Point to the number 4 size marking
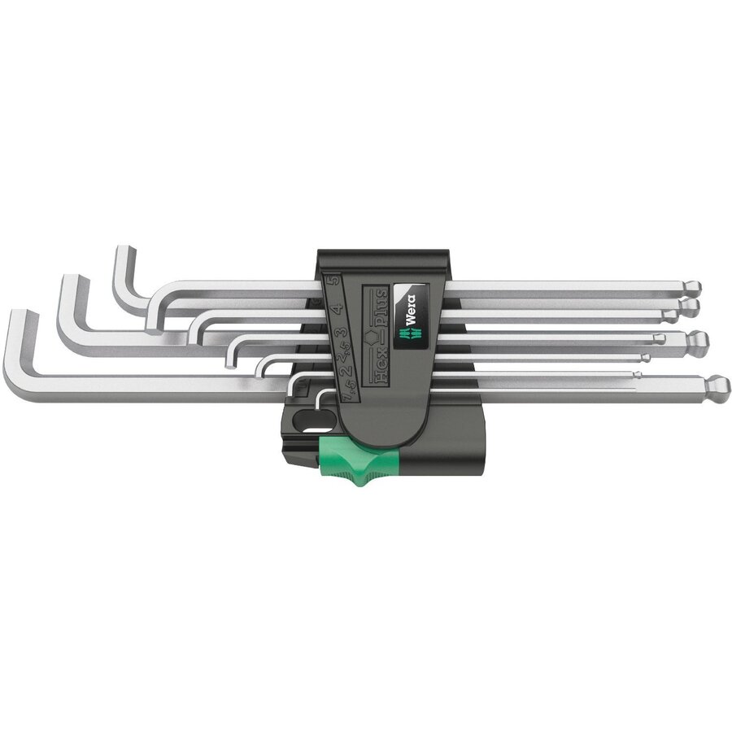[x=334, y=311]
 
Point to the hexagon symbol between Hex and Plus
[x=375, y=335]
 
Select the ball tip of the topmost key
[x=692, y=288]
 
